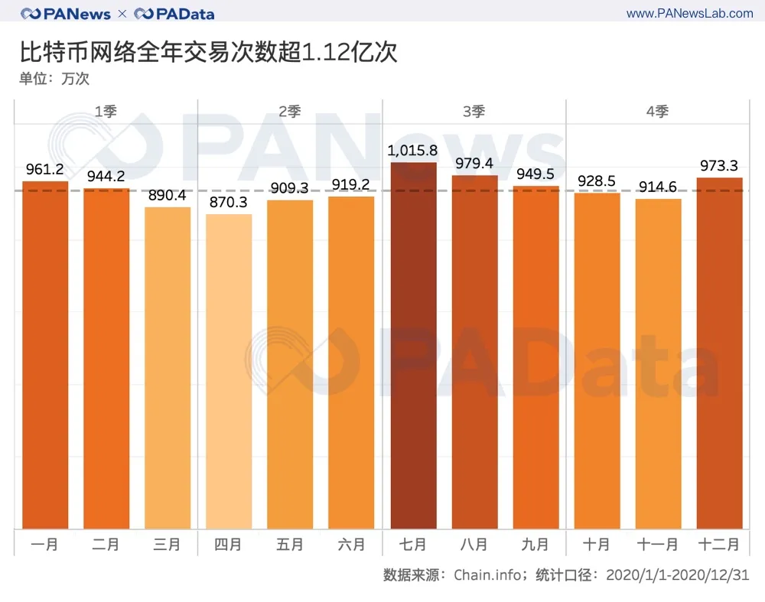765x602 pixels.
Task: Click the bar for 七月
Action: click(x=413, y=345)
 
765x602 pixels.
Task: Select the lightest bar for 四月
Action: click(x=229, y=371)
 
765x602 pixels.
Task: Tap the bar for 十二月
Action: click(x=719, y=353)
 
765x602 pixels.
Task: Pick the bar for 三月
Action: click(x=168, y=367)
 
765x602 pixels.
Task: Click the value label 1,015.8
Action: click(x=412, y=151)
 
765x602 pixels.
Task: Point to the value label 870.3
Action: click(x=229, y=203)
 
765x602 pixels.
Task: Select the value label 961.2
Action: click(x=45, y=170)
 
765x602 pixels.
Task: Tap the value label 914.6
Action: click(x=658, y=187)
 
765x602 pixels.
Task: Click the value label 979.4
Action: click(x=474, y=164)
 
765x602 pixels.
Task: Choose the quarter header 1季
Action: click(x=106, y=112)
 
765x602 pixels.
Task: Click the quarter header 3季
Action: click(x=474, y=112)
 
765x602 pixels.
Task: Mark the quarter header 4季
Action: click(x=657, y=112)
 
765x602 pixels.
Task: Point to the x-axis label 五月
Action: click(x=290, y=545)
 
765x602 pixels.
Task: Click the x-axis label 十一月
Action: click(x=658, y=545)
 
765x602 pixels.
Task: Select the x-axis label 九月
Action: click(x=535, y=545)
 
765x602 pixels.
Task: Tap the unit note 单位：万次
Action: click(x=54, y=79)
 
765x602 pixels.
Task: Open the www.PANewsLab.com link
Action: click(x=689, y=14)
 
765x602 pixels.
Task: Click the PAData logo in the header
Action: click(x=174, y=14)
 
